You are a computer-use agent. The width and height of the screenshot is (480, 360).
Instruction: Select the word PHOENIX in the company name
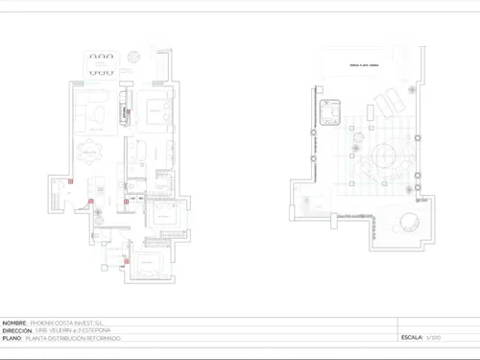coord(44,323)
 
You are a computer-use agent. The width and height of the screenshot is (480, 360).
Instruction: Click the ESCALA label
coord(413,338)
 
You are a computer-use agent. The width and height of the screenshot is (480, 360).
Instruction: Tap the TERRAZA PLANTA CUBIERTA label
coord(364,64)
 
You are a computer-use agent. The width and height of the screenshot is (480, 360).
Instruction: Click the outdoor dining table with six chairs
coord(101,65)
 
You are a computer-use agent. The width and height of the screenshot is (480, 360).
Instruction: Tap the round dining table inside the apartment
coord(90,152)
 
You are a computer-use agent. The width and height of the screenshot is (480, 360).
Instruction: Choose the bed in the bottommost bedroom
coord(148,268)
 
